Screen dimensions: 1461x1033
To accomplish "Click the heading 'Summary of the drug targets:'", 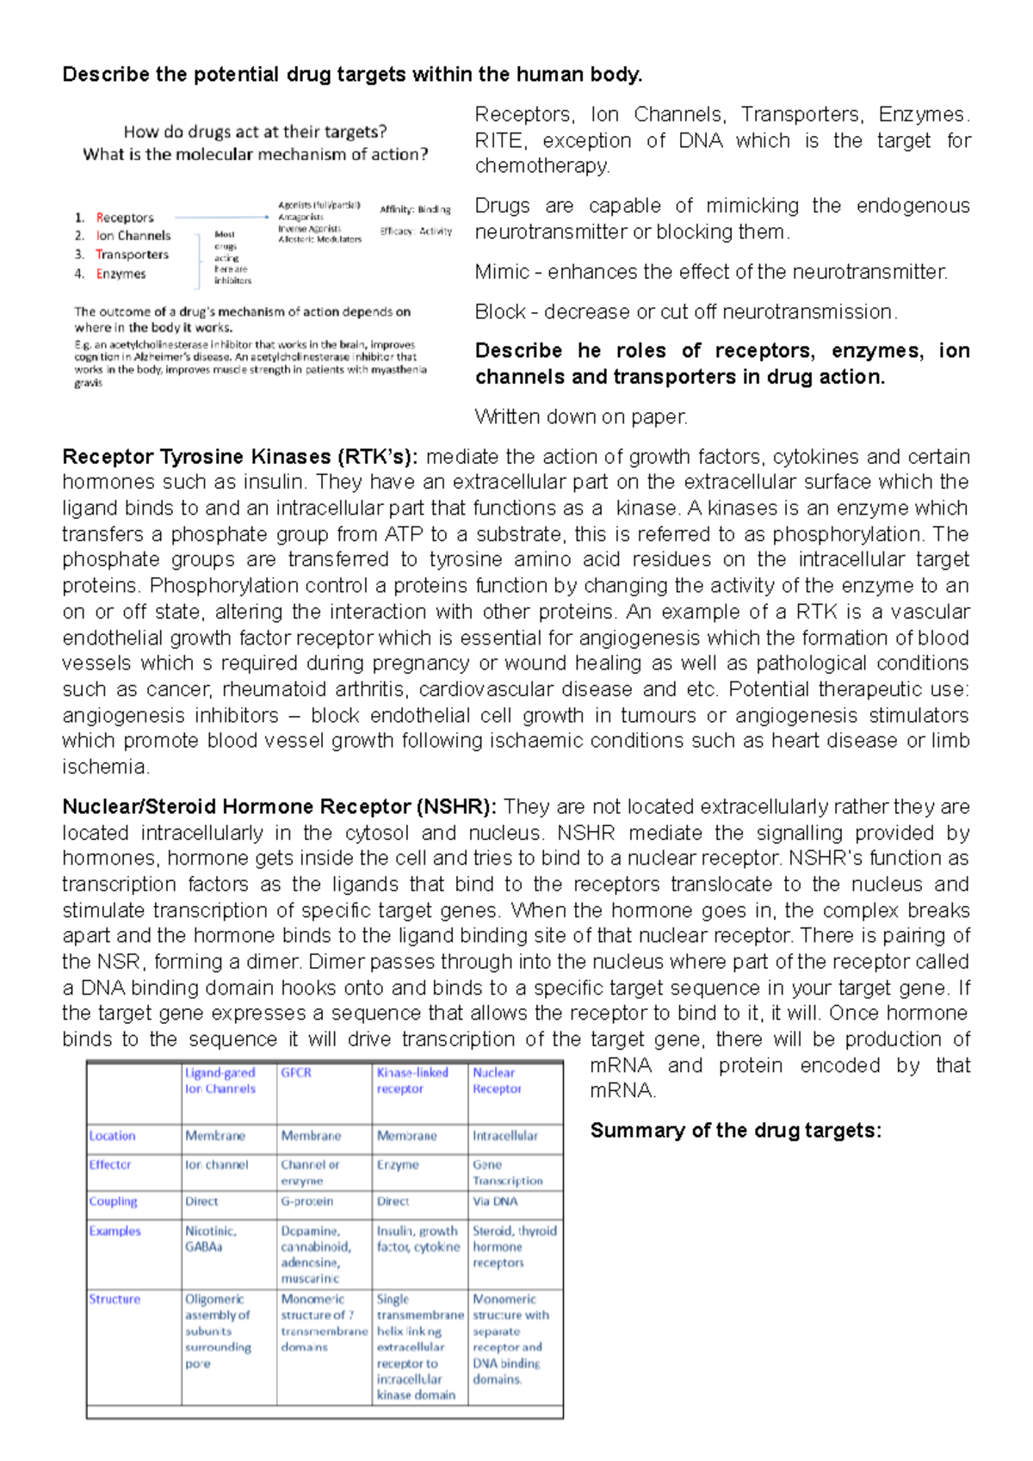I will [735, 1131].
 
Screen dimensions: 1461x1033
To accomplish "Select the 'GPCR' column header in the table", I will [296, 1073].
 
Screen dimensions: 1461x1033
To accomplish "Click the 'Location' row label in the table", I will [113, 1136].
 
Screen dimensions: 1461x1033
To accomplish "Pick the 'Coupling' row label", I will [114, 1201].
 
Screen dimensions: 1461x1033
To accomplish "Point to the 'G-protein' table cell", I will [306, 1201].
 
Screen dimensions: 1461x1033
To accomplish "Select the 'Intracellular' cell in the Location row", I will [505, 1136].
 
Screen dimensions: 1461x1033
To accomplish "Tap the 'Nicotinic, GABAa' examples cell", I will [211, 1239].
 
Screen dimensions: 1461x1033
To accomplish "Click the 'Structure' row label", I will [114, 1299].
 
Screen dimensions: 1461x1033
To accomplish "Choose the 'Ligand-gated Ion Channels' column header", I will [220, 1081].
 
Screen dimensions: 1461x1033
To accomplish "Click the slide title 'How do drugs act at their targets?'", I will [255, 132].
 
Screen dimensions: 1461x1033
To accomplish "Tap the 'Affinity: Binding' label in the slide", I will [415, 209].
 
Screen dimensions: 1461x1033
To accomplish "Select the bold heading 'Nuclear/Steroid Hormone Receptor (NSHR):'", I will [279, 807].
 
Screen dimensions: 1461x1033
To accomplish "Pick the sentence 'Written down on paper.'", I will [581, 417].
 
